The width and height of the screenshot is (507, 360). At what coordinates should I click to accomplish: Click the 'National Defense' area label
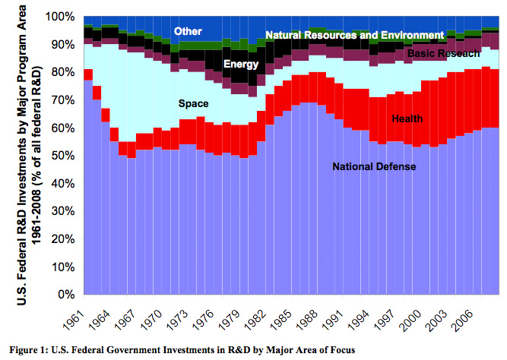(x=373, y=166)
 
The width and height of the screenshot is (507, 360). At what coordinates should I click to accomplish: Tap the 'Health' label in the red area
(x=407, y=118)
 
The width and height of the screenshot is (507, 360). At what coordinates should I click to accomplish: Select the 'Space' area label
(x=193, y=103)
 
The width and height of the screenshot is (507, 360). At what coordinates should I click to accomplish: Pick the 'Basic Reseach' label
(x=443, y=55)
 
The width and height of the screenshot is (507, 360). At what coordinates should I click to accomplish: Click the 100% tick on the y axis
(x=61, y=17)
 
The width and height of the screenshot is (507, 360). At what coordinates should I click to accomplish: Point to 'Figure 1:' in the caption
(x=28, y=350)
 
